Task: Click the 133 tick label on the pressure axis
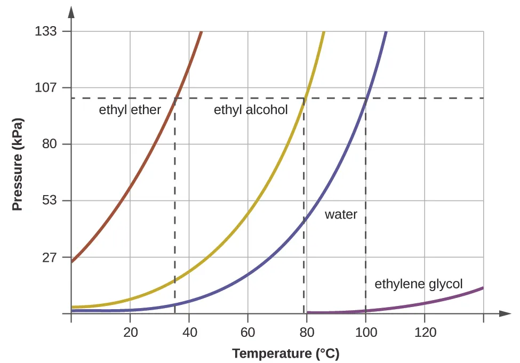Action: click(46, 31)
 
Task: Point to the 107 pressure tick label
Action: click(46, 88)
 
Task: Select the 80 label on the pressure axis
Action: click(49, 144)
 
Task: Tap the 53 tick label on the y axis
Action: click(49, 201)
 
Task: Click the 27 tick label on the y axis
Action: click(49, 257)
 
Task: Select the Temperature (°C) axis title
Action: click(285, 353)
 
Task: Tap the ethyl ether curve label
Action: click(130, 110)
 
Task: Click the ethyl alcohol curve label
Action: click(251, 110)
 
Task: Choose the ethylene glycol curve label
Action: click(419, 284)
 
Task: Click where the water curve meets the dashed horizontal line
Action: click(366, 98)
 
